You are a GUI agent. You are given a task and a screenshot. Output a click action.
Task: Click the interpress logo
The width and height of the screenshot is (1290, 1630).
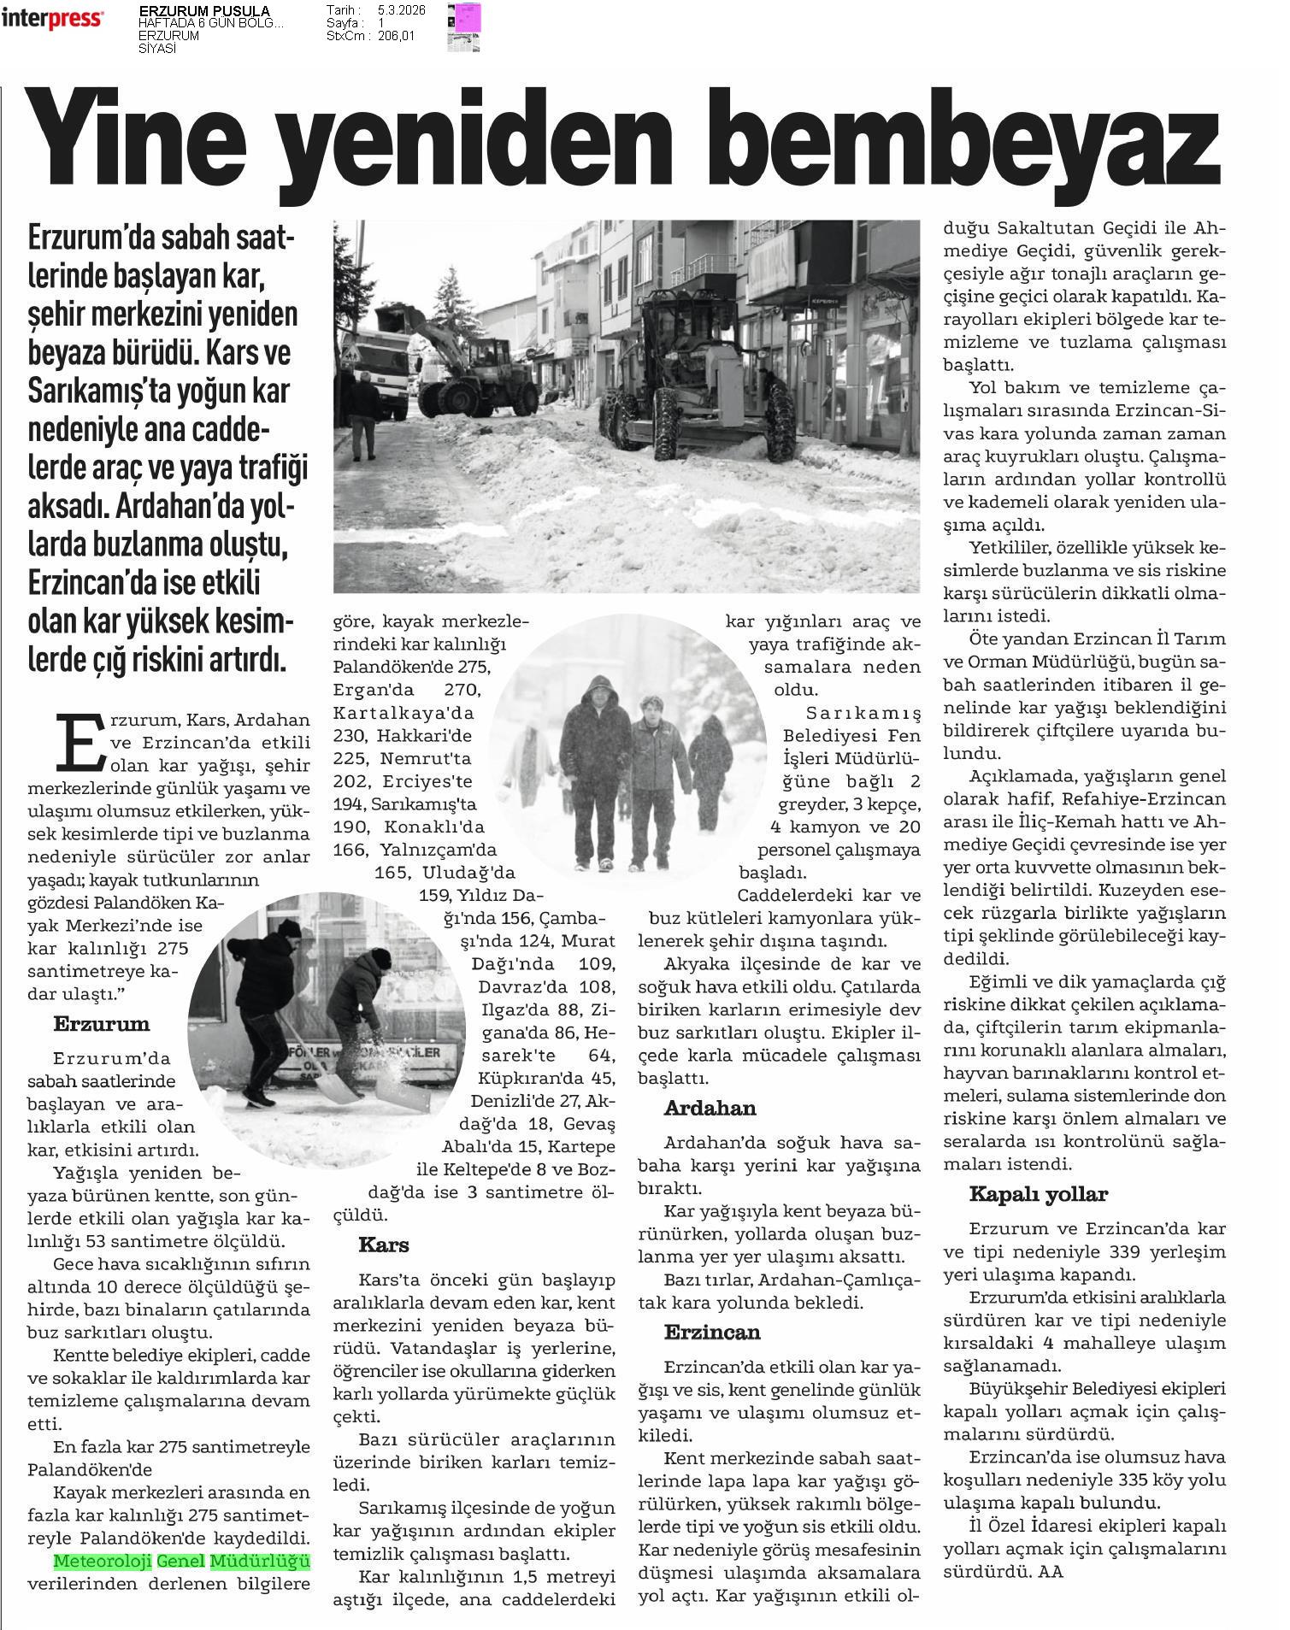(53, 19)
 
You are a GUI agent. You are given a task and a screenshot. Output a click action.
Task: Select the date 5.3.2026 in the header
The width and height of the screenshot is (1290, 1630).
(401, 10)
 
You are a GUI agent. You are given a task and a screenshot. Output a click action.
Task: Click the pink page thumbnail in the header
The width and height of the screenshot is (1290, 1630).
(467, 17)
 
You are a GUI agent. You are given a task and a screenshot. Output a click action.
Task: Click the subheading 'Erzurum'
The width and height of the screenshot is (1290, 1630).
(101, 1024)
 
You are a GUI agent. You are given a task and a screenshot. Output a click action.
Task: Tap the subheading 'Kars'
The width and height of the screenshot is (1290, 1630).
(384, 1245)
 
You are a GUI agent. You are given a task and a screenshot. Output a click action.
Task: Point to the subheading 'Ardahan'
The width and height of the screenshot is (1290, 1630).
(710, 1109)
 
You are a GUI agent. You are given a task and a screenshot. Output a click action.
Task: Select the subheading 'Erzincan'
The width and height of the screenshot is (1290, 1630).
(712, 1333)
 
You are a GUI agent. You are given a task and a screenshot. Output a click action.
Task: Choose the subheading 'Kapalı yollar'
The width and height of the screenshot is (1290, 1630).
(1038, 1194)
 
